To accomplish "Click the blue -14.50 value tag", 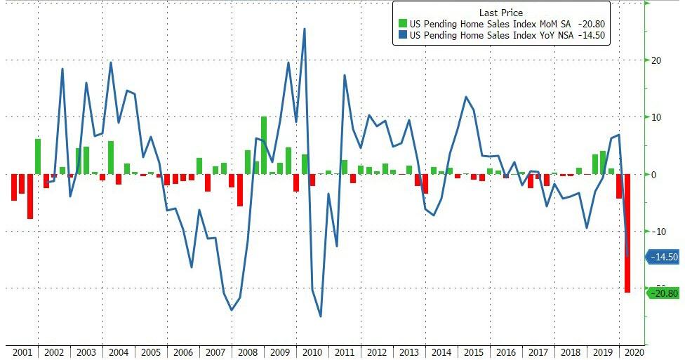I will (x=664, y=258).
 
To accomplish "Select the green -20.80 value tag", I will (x=664, y=293).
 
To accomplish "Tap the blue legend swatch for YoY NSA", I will (x=402, y=34).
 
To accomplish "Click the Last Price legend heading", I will (x=501, y=13).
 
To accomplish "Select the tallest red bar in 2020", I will (x=627, y=233).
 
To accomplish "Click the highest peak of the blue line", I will (x=304, y=29).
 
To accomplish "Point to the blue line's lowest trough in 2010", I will (x=320, y=316).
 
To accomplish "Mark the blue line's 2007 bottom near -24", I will (x=231, y=309).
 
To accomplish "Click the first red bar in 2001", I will (x=13, y=187).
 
